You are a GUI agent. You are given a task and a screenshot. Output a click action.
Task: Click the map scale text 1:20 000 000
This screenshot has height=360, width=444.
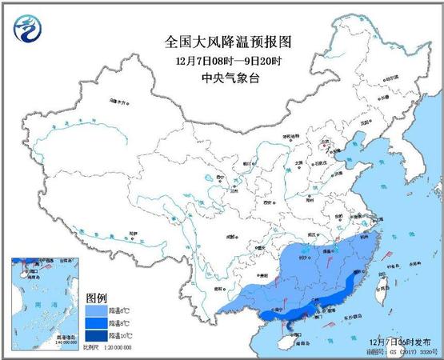(x=111, y=348)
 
